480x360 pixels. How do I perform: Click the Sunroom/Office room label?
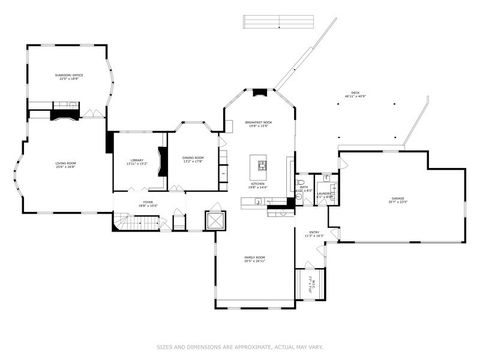coord(68,76)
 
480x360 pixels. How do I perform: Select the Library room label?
coord(138,162)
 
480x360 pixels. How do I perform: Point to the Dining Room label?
coord(194,158)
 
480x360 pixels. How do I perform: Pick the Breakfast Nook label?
coord(259,124)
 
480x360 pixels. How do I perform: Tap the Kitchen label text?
coord(257,184)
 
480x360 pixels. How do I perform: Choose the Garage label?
coord(397,202)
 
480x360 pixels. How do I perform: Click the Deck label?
coord(354,95)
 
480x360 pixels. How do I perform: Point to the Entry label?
coord(314,236)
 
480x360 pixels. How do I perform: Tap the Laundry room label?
coord(323,196)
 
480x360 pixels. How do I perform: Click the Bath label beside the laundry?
coord(303,188)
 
